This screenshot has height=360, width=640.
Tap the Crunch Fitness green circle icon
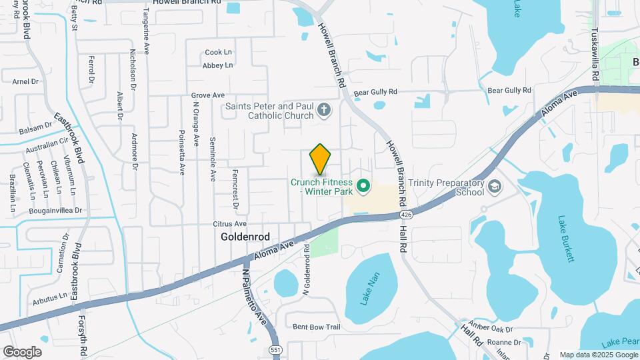(363, 185)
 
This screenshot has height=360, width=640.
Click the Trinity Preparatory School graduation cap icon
(495, 185)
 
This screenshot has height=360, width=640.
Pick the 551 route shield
(275, 349)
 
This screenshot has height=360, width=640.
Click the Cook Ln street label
(219, 52)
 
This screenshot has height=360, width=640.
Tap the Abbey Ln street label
(218, 65)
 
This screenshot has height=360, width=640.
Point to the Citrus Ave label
(229, 224)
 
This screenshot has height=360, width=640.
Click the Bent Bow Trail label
(317, 327)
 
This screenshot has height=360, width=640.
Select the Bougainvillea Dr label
(55, 210)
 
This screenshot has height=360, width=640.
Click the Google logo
(22, 351)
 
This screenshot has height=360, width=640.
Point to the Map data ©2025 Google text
(598, 355)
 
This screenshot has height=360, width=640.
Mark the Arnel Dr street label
(26, 81)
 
